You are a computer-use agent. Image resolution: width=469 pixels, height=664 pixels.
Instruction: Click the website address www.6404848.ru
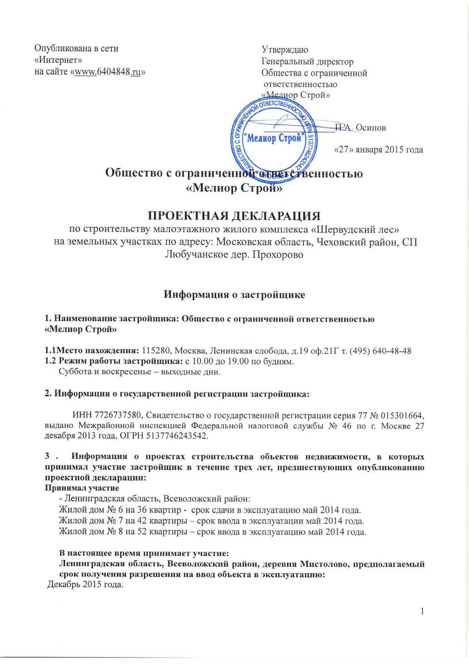108,72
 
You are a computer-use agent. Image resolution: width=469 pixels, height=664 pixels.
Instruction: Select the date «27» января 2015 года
378,150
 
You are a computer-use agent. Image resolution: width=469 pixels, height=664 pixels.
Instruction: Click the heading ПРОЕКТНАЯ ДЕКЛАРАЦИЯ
234,216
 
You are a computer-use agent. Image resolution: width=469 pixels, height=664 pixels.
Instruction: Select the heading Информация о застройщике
234,295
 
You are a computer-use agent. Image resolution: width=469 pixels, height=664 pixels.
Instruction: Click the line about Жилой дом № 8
212,532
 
